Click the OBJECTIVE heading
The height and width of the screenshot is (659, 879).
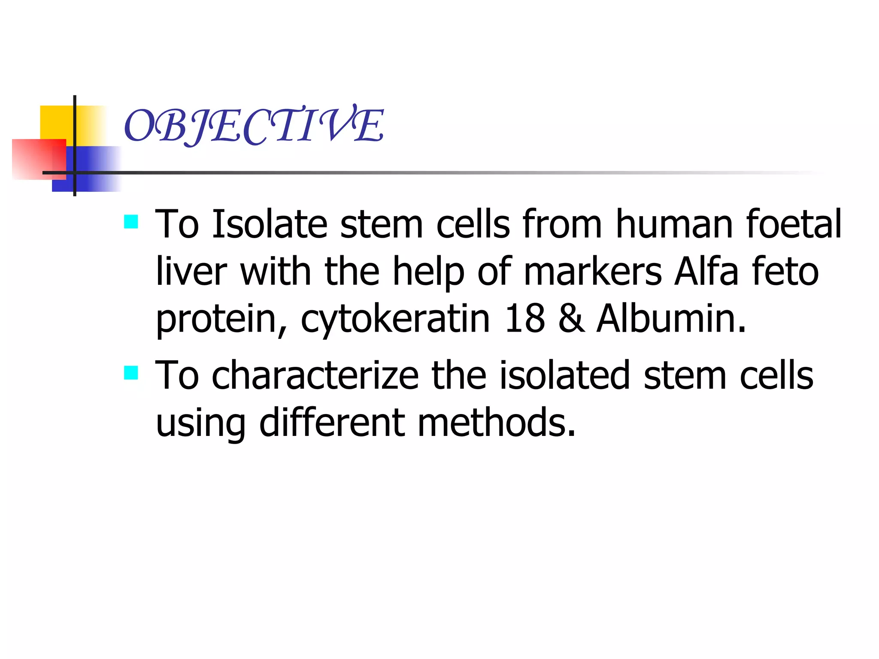pos(254,125)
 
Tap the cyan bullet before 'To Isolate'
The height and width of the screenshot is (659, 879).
pos(131,222)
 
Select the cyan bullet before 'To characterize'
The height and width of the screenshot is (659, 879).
pos(131,373)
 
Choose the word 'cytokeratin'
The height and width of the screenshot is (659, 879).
pos(395,320)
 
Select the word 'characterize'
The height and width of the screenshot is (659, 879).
pos(315,375)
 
